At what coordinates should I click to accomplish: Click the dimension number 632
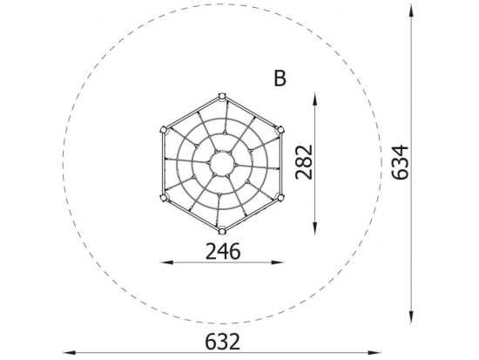[222, 342]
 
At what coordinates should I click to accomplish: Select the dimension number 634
[400, 163]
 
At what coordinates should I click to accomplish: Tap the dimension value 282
[304, 162]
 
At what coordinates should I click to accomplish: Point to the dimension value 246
[223, 251]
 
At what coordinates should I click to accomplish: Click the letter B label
[280, 78]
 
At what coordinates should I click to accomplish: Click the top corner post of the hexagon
[222, 97]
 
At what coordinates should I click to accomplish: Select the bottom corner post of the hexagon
[222, 231]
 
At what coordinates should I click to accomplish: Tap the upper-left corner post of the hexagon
[164, 130]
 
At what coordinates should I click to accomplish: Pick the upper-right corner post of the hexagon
[280, 130]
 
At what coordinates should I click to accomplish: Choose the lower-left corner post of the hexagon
[164, 198]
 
